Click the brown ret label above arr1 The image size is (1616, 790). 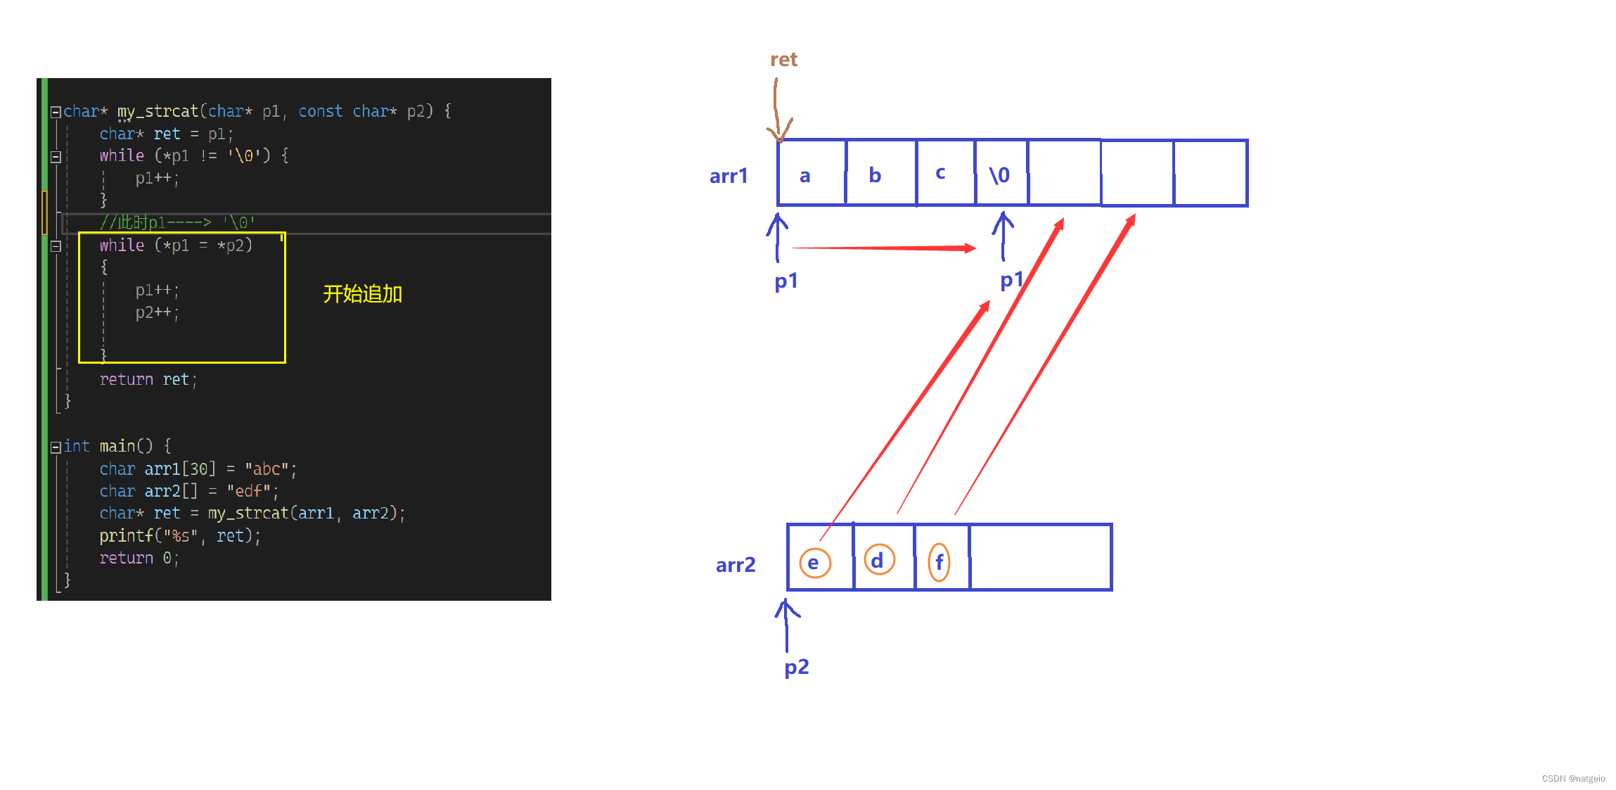tap(783, 60)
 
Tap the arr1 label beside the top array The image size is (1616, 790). tap(728, 176)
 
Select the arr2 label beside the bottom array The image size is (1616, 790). tap(735, 565)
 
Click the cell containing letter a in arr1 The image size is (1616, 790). tap(811, 174)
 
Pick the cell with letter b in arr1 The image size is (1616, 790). tap(880, 174)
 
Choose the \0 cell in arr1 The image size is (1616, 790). tap(1000, 174)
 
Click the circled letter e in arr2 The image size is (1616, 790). tap(815, 563)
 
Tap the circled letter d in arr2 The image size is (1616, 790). tap(878, 561)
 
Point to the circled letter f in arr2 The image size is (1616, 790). tap(940, 562)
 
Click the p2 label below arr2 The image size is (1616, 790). tap(796, 666)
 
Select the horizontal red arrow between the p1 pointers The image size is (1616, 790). tap(884, 248)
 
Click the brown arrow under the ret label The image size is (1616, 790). tap(777, 109)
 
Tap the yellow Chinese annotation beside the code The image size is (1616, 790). tap(362, 294)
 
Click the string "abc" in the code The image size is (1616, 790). tap(267, 469)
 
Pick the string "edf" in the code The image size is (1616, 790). tap(248, 491)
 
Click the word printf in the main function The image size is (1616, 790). tap(126, 536)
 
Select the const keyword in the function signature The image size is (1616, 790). tap(320, 111)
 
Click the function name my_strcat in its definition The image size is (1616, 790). tap(158, 111)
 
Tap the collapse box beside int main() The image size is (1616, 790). tap(56, 447)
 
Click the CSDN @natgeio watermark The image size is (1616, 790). tap(1573, 778)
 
